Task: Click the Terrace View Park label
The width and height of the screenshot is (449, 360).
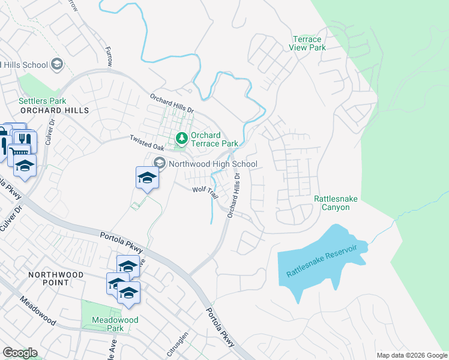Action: point(306,43)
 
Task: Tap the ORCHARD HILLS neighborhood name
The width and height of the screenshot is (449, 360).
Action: point(54,111)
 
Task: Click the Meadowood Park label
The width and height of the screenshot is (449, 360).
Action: point(115,324)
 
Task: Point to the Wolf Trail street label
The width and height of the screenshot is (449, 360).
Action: point(205,191)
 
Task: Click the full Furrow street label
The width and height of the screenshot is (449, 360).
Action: point(109,56)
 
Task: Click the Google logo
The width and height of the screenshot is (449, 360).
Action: point(20,353)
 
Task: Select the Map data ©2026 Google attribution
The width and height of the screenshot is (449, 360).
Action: point(412,355)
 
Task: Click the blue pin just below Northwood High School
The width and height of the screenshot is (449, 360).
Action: point(147,178)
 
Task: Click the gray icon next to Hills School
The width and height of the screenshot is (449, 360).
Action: point(58,65)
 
